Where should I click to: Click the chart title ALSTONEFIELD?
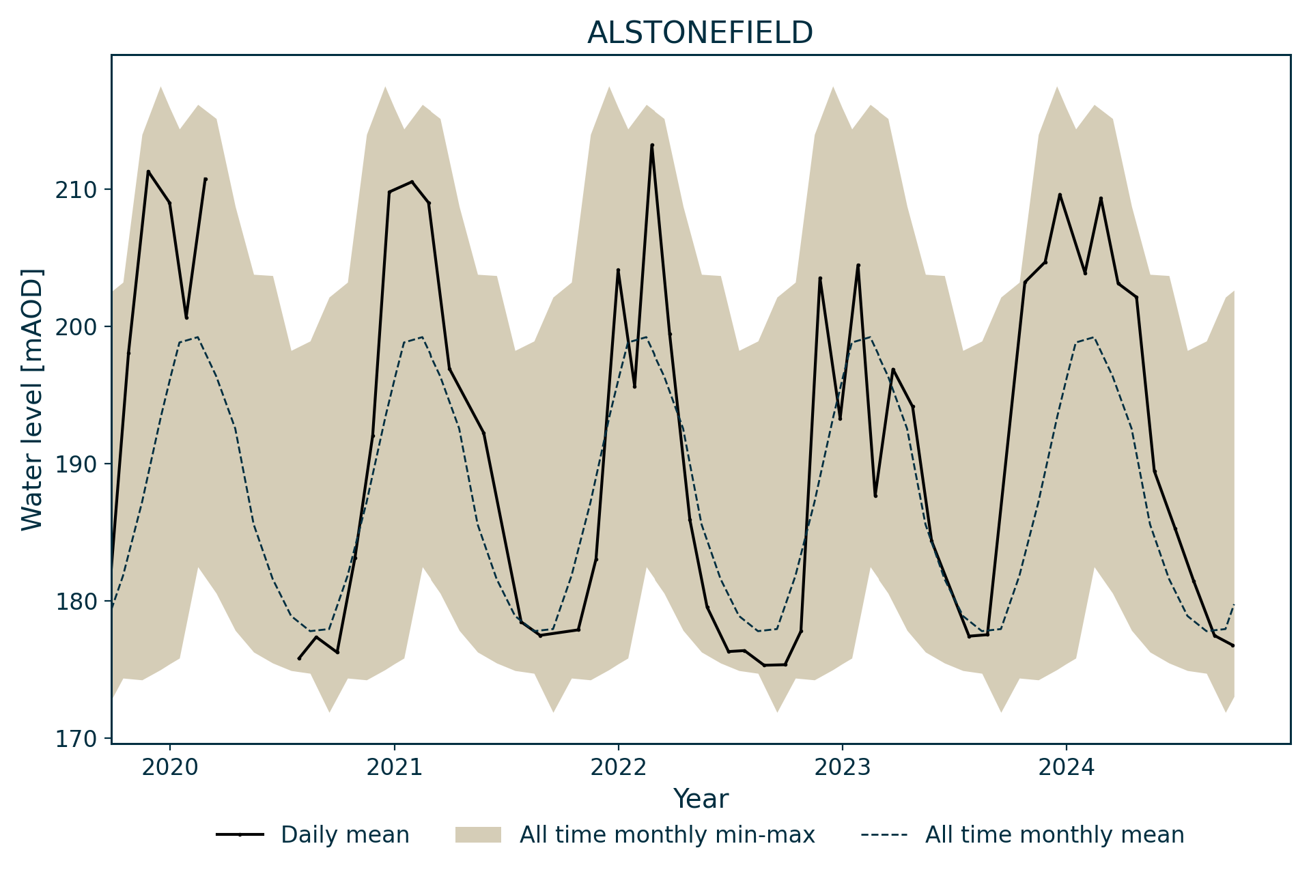point(700,33)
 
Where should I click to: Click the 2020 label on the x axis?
point(169,767)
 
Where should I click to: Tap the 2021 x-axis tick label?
point(394,767)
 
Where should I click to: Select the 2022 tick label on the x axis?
point(618,767)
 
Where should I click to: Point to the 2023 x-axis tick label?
point(842,767)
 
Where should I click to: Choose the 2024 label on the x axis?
point(1066,767)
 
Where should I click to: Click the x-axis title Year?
point(701,799)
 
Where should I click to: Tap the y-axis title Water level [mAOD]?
point(32,399)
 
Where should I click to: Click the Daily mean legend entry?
point(345,835)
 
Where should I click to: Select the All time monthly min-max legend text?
point(667,835)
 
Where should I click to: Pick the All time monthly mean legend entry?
point(1054,835)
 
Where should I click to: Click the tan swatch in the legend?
point(478,835)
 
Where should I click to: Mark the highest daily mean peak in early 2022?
point(652,145)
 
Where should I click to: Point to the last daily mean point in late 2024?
point(1232,645)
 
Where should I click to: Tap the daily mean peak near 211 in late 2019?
point(148,171)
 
